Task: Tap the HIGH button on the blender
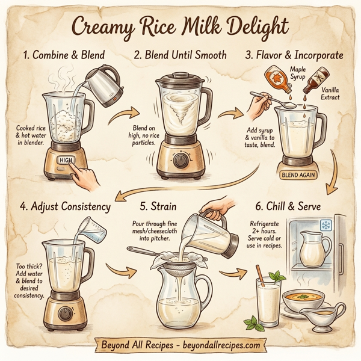(64, 161)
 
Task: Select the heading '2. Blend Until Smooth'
(180, 55)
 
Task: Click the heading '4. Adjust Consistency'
(65, 206)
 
